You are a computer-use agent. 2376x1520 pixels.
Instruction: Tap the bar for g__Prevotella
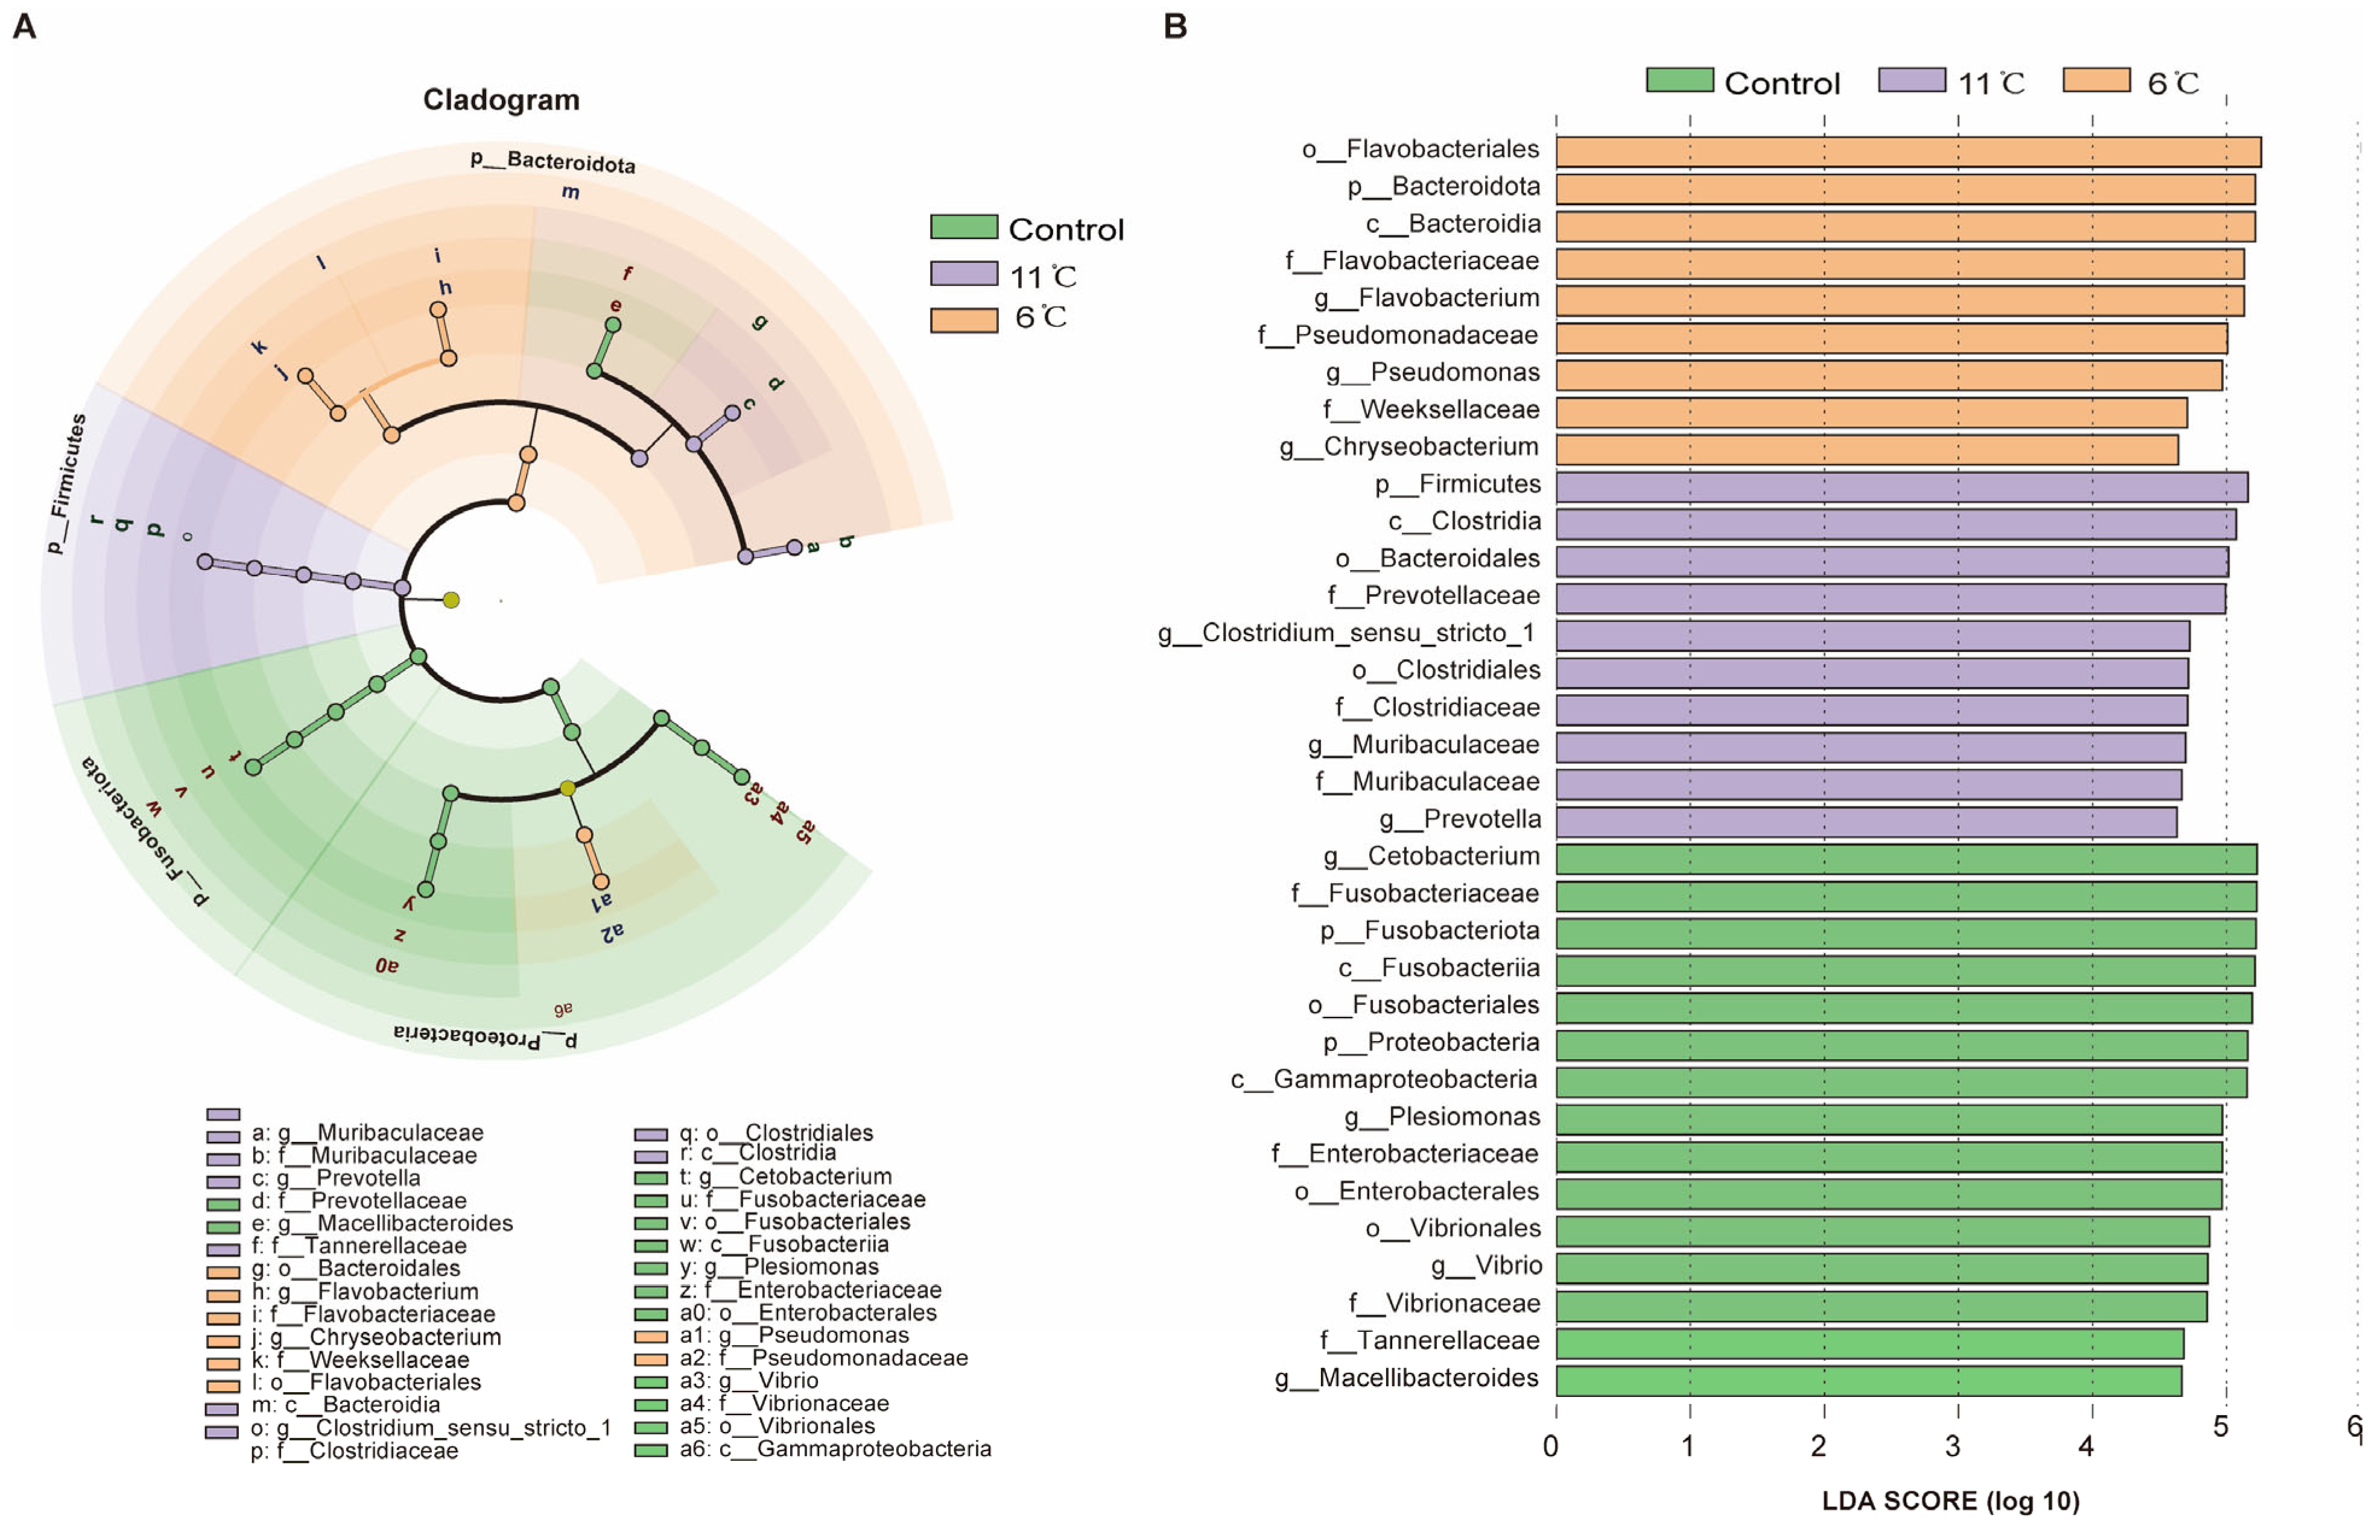(1866, 821)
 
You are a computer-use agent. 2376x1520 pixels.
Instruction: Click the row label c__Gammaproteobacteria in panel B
(1384, 1080)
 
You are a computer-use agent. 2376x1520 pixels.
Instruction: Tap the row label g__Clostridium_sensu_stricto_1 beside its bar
(1346, 633)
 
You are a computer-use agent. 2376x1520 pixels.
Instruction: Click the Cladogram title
(501, 100)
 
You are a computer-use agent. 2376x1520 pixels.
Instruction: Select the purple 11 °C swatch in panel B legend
(1911, 81)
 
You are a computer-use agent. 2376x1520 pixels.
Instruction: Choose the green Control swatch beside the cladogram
(963, 227)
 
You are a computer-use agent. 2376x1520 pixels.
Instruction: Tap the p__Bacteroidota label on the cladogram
(553, 161)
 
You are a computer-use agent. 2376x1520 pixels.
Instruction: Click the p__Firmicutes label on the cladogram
(66, 483)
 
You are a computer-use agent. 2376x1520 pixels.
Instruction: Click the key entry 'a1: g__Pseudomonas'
(794, 1335)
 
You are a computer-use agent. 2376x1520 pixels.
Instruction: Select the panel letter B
(1174, 27)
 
